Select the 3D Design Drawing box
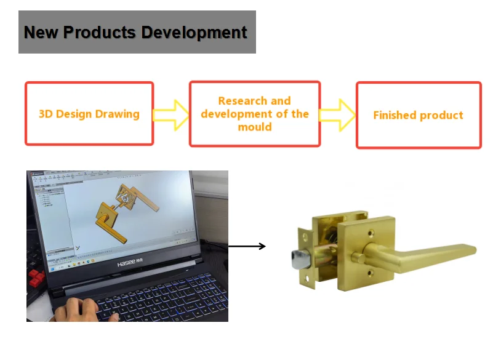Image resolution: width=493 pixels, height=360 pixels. pos(89,114)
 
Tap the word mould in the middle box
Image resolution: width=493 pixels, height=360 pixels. pos(255,127)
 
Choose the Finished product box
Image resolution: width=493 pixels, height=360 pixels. pos(419,115)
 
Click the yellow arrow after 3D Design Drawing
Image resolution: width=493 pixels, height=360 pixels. pos(171,114)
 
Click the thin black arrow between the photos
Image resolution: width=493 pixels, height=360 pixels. pos(247,246)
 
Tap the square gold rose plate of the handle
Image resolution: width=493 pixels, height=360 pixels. pos(357,246)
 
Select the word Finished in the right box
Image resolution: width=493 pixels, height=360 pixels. pos(395,115)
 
